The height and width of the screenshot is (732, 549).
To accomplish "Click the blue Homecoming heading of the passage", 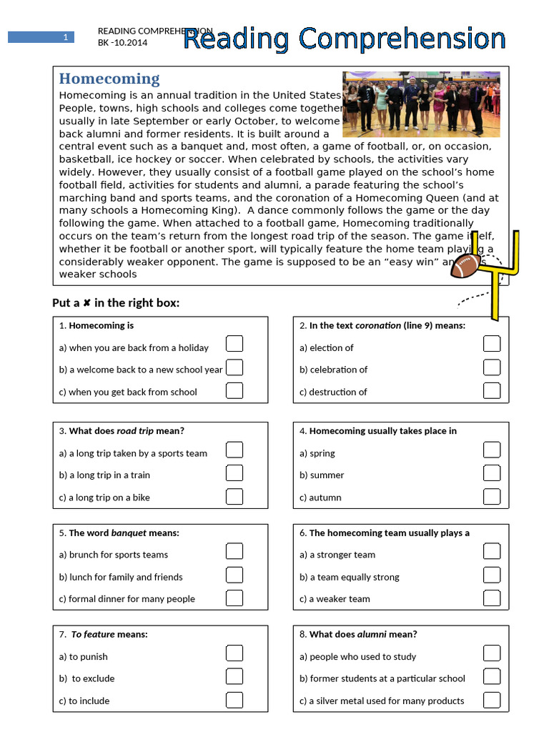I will click(x=109, y=79).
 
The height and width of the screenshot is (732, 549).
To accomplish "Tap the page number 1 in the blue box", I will click(x=65, y=37).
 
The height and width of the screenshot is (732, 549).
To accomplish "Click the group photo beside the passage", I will click(x=422, y=104).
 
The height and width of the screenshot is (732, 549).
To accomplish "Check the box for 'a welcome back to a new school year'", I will click(x=234, y=367).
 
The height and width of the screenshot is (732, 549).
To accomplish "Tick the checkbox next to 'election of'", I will click(x=492, y=345).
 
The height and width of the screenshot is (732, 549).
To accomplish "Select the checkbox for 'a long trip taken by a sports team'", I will click(x=234, y=450).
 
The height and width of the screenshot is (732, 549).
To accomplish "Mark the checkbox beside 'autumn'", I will click(x=492, y=496).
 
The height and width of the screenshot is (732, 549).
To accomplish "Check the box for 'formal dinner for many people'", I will click(x=234, y=598).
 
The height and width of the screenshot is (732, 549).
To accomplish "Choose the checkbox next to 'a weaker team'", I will click(x=492, y=598).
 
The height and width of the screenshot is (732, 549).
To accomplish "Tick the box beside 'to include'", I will click(x=234, y=699).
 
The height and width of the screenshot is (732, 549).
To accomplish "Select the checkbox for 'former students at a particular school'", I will click(x=492, y=676).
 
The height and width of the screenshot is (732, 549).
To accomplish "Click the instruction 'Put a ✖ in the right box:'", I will click(x=116, y=303).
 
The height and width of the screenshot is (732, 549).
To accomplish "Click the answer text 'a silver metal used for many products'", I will click(x=382, y=701).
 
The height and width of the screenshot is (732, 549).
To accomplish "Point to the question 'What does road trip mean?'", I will click(x=122, y=431).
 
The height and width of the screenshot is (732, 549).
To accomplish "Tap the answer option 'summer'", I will click(x=322, y=475).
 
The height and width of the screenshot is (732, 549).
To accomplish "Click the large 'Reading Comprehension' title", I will click(x=345, y=39).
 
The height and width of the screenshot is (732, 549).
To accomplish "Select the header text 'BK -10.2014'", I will click(x=128, y=42).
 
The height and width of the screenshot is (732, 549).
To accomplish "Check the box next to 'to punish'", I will click(x=234, y=653).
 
